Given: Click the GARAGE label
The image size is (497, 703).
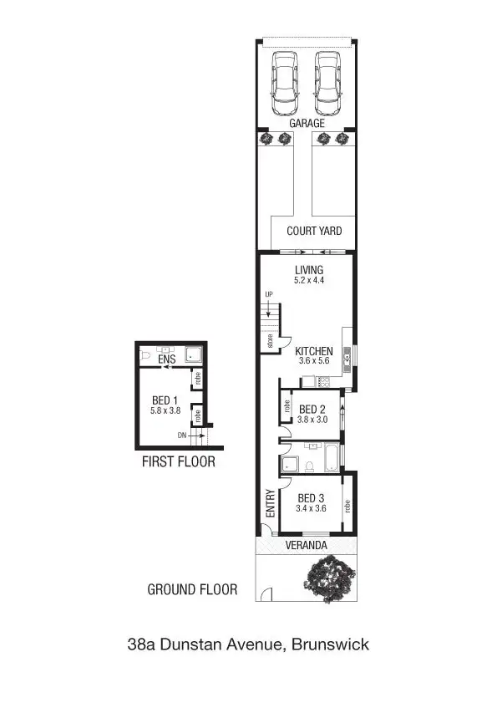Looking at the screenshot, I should (x=307, y=123).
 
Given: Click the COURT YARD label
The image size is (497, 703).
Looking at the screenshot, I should (x=314, y=232).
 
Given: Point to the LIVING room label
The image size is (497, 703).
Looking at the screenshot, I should (x=309, y=270).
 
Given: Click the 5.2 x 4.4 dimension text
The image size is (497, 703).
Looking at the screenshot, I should (x=309, y=281).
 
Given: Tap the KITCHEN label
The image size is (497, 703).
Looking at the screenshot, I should (x=314, y=351).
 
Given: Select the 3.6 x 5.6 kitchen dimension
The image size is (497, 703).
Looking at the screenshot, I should (x=315, y=362).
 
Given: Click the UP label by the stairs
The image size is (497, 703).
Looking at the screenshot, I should (x=269, y=295).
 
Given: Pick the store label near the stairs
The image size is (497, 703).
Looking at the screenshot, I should (x=270, y=341).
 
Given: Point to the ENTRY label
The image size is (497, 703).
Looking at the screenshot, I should (x=270, y=503).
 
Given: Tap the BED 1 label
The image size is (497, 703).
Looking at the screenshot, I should (x=165, y=400).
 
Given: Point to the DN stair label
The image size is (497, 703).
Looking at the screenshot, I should (x=182, y=436).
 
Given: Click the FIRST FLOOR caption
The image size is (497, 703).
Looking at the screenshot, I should (x=178, y=461).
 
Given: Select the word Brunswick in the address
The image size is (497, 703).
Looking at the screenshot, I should (x=330, y=644).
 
